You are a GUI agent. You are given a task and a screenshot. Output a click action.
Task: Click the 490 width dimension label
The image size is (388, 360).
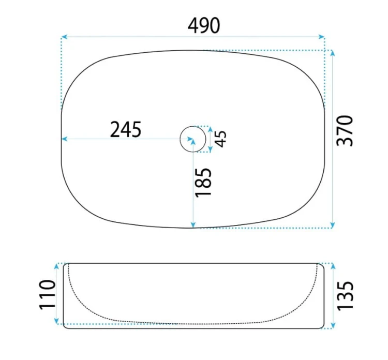[x=204, y=26]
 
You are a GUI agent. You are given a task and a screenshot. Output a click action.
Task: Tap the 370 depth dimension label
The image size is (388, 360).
[x=345, y=131]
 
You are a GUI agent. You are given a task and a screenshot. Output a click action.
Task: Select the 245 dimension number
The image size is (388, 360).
[x=126, y=129]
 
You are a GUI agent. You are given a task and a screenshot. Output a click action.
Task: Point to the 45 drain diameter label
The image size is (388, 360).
[x=220, y=139]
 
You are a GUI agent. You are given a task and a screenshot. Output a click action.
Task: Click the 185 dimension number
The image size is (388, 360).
[x=203, y=183]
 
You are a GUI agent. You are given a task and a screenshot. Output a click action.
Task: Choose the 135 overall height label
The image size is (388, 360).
[x=346, y=296]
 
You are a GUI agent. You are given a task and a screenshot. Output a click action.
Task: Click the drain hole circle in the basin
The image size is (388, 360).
[x=193, y=126]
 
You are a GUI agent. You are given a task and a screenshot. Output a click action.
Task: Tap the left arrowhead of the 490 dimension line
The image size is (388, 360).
[x=64, y=37]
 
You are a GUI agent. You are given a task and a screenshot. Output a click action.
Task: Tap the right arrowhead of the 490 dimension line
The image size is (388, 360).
[x=321, y=37]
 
